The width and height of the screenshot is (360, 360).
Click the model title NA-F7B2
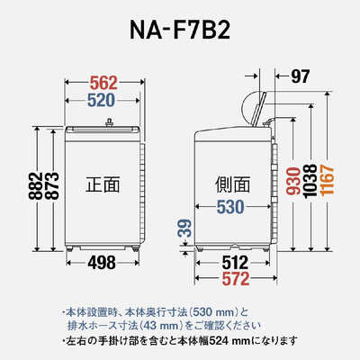point(180,31)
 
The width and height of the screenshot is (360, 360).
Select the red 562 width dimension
point(103,83)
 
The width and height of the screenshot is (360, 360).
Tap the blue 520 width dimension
point(102,100)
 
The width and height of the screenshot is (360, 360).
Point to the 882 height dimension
point(36,186)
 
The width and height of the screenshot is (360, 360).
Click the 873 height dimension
point(52,186)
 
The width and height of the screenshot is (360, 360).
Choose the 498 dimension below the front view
point(102,263)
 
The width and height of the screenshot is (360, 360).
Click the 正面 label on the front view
point(103,184)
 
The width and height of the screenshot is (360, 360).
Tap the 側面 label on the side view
point(233,184)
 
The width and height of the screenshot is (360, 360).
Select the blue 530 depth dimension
point(230,207)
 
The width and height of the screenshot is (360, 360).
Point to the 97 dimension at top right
point(300,76)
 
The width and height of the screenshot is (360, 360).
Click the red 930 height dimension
point(293,181)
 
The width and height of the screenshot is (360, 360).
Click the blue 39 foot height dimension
point(186,229)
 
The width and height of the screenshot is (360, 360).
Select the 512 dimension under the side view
point(235,263)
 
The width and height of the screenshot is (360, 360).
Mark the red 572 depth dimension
point(236,279)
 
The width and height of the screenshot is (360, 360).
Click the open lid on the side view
point(258,110)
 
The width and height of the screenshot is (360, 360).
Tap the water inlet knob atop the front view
point(109,122)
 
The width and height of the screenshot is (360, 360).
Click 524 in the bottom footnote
point(219,340)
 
